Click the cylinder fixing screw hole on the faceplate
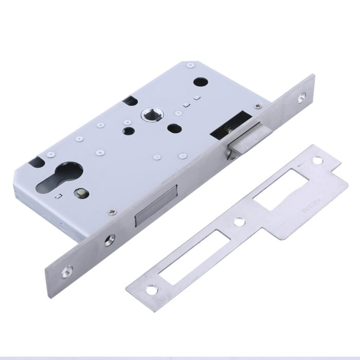[110, 239]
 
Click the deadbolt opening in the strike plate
[194, 255]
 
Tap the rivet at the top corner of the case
[190, 65]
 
